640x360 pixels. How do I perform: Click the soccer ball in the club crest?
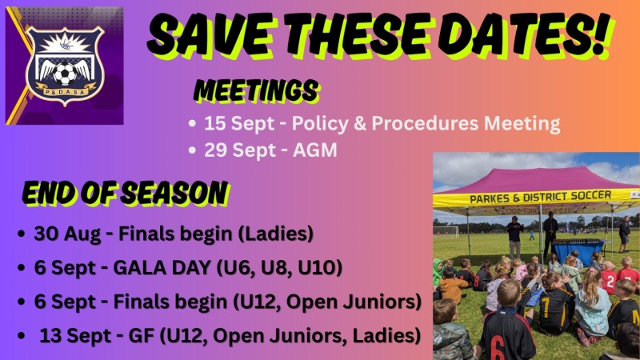click(x=65, y=74)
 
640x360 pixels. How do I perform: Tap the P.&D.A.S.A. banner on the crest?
click(x=66, y=92)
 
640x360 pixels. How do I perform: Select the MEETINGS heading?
click(x=256, y=90)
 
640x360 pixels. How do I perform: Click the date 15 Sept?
click(x=239, y=123)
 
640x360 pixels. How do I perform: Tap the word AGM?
click(x=315, y=150)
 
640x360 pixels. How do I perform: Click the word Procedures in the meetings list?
click(x=425, y=123)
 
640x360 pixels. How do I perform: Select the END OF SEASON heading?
click(x=125, y=193)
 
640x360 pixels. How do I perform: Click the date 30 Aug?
click(x=67, y=234)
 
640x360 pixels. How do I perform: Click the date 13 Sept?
click(x=75, y=335)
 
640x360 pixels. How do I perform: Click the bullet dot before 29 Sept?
click(x=193, y=150)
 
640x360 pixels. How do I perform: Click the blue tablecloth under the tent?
click(x=578, y=251)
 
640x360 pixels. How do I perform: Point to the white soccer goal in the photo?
click(x=446, y=231)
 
